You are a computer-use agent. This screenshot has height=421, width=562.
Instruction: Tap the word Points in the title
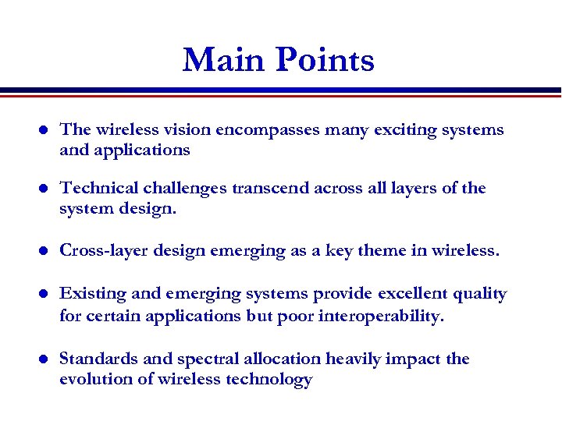[324, 60]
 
